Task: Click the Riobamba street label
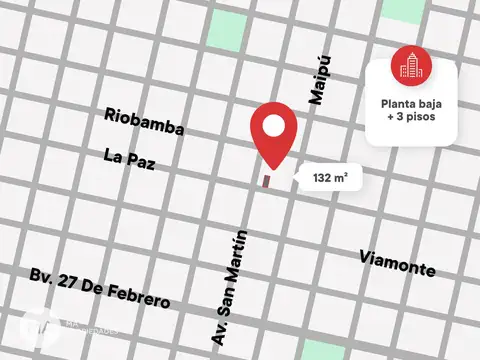pos(145,116)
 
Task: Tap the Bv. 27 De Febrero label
pos(100,289)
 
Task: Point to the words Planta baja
pos(413,102)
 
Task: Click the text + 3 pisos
pos(413,118)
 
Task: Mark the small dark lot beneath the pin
pos(266,181)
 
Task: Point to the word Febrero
pos(141,297)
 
